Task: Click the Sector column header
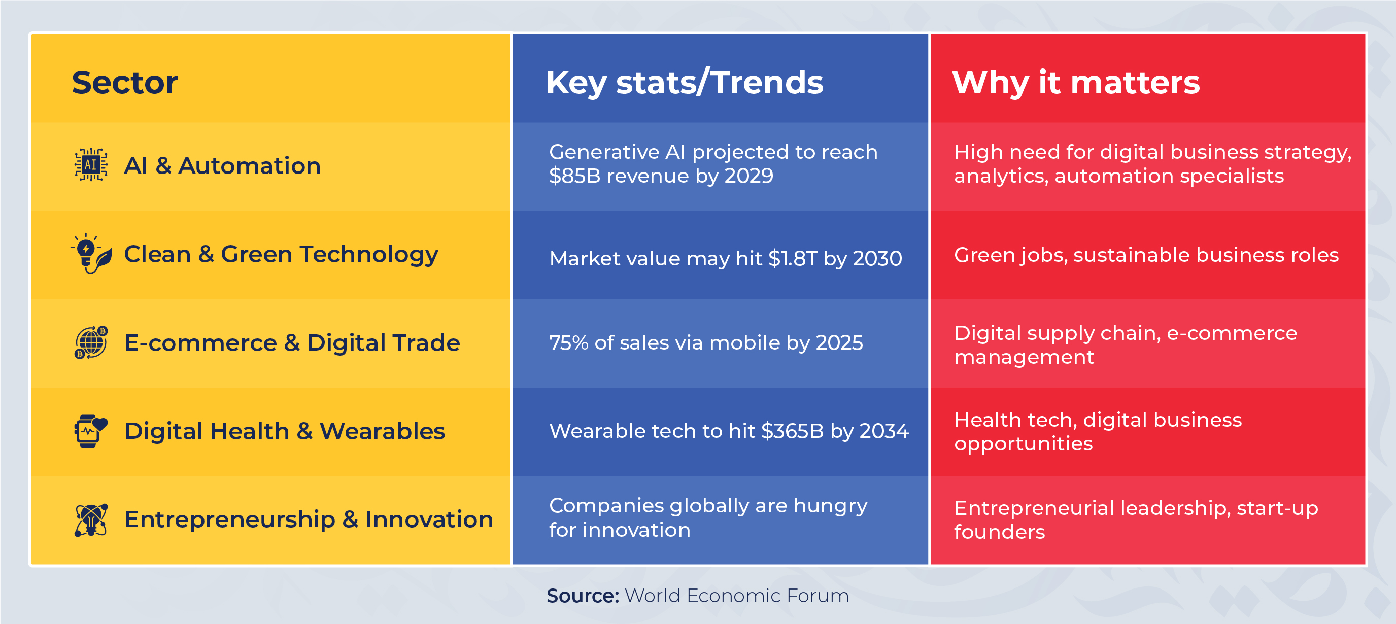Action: coord(125,82)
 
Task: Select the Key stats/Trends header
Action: coord(684,82)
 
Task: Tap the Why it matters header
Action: coord(1076,82)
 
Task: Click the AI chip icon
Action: coord(91,165)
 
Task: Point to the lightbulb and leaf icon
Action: coord(91,254)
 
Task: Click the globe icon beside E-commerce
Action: coord(91,342)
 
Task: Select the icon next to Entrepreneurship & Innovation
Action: coord(91,519)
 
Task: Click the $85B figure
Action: coord(574,176)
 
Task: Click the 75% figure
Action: coord(568,343)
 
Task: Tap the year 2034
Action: coord(884,431)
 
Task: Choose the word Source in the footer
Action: coord(582,595)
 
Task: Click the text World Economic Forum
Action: coord(736,595)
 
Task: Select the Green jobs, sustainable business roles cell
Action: coord(1146,255)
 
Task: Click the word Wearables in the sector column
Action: coord(382,431)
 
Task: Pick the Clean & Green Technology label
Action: coord(281,254)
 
